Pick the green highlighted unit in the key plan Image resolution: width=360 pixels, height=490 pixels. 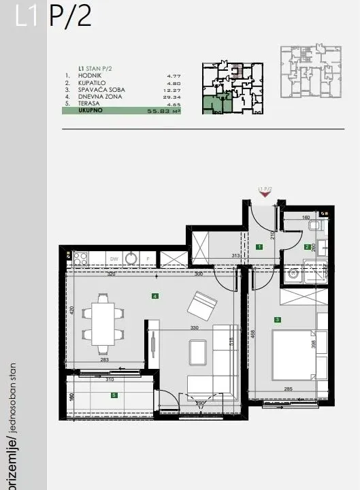tap(216, 104)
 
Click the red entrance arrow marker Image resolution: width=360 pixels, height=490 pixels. tap(264, 195)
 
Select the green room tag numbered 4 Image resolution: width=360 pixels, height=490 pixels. tap(156, 296)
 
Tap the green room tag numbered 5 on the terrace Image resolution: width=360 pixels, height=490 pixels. tap(114, 395)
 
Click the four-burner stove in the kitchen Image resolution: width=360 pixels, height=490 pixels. tap(80, 259)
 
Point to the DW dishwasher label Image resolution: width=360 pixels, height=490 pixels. tap(96, 259)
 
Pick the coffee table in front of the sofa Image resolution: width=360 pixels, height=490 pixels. tap(199, 351)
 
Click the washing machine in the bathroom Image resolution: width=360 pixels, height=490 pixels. tap(294, 275)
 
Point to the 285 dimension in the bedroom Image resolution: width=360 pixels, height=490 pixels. tap(288, 390)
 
